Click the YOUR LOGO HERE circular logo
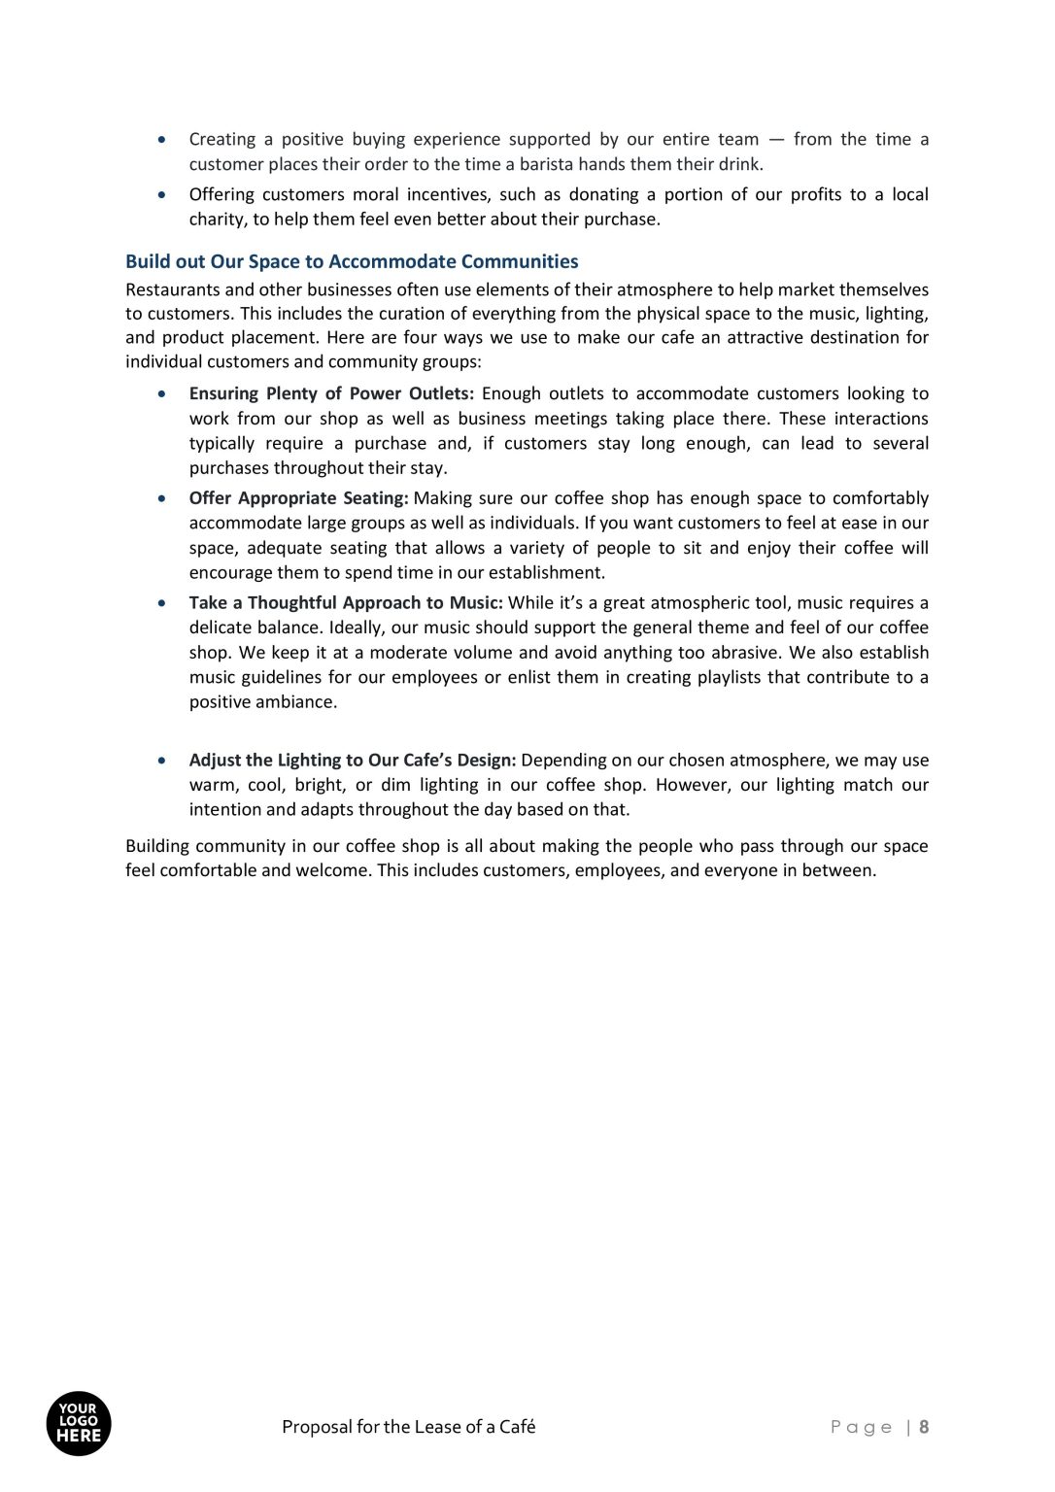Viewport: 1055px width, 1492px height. pos(79,1424)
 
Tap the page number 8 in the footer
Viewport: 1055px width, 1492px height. pos(924,1427)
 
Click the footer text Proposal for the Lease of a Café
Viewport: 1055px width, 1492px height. pos(408,1427)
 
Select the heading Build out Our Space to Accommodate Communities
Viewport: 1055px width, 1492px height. pos(352,261)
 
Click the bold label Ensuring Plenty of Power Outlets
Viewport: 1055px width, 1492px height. pos(331,393)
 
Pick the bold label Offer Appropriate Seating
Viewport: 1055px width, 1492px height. pos(298,498)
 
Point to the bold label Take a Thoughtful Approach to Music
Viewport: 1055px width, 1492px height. pos(346,603)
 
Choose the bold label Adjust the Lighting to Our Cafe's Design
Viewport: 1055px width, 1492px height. pos(352,761)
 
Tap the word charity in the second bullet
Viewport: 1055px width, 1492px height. pos(218,220)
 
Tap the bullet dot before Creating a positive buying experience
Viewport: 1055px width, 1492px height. pos(162,140)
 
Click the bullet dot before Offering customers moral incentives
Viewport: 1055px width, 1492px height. pos(162,195)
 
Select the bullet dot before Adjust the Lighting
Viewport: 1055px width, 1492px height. pos(162,761)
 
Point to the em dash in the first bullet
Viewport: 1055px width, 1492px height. pos(776,140)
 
